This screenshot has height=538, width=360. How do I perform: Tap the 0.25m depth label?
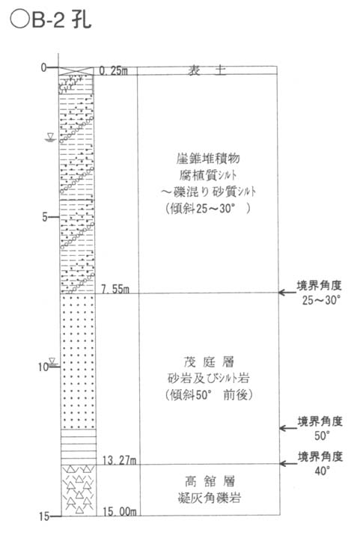pyautogui.click(x=113, y=70)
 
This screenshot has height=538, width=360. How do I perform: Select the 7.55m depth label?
pyautogui.click(x=115, y=289)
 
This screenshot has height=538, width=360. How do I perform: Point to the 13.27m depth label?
pyautogui.click(x=119, y=460)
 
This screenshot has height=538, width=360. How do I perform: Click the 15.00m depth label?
pyautogui.click(x=120, y=512)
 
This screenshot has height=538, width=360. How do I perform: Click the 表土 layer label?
pyautogui.click(x=207, y=70)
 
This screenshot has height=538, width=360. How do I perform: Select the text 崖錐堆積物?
pyautogui.click(x=208, y=159)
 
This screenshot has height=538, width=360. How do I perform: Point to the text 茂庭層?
pyautogui.click(x=209, y=361)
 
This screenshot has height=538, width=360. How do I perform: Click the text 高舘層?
pyautogui.click(x=210, y=481)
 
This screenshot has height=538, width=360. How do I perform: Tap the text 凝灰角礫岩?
pyautogui.click(x=210, y=498)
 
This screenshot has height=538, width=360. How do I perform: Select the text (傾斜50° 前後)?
pyautogui.click(x=209, y=395)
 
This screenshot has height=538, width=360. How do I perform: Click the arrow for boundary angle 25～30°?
pyautogui.click(x=287, y=293)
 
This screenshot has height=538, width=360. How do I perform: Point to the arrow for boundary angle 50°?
pyautogui.click(x=288, y=428)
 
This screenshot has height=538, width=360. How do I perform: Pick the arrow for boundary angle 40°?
pyautogui.click(x=288, y=464)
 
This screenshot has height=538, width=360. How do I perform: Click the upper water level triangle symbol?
pyautogui.click(x=50, y=137)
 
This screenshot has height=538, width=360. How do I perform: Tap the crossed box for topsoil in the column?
pyautogui.click(x=76, y=71)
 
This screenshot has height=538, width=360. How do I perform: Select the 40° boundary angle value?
pyautogui.click(x=323, y=471)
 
